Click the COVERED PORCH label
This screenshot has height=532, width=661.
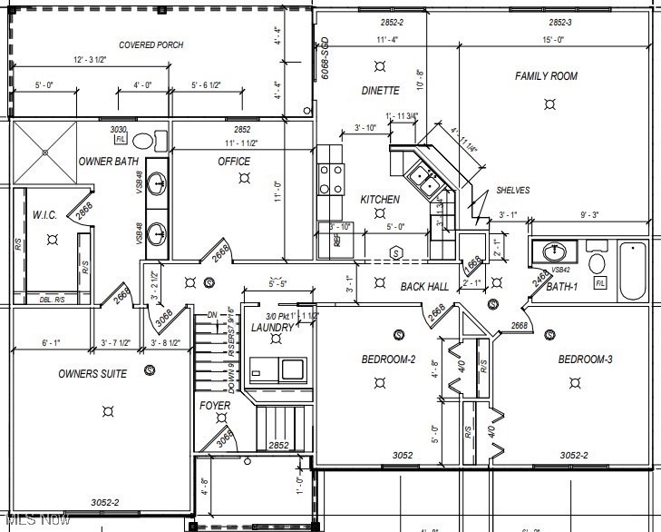151,44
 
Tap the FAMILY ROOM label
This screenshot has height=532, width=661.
546,76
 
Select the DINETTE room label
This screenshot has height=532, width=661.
380,91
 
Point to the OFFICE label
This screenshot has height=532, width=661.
234,162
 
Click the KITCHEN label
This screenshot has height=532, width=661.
380,200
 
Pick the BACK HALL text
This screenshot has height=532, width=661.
424,287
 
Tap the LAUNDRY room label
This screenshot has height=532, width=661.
272,328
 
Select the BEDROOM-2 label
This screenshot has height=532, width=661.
388,360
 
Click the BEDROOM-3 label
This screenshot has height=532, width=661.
585,360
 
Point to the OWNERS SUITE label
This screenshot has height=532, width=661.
92,374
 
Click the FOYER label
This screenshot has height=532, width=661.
215,406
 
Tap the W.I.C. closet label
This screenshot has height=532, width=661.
45,215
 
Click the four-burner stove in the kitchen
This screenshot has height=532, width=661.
331,179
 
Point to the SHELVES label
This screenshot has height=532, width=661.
512,191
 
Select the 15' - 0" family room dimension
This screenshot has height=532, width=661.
555,40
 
